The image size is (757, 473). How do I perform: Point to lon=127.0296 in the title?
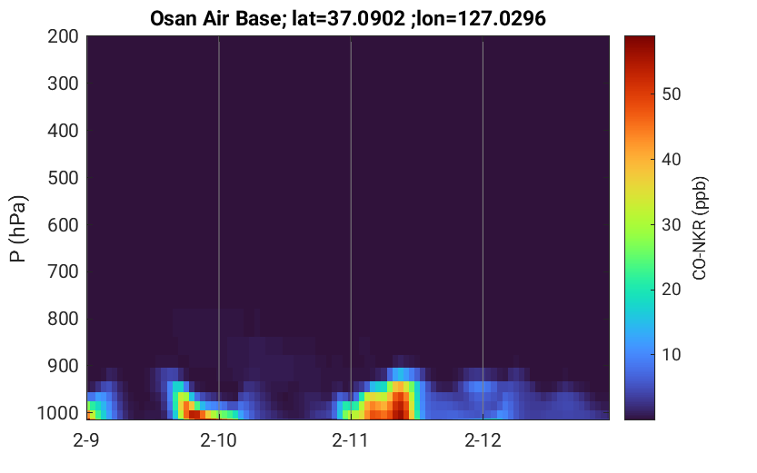[481, 19]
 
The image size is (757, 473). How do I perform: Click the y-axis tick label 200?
[63, 36]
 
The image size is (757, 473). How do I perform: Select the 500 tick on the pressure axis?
[63, 178]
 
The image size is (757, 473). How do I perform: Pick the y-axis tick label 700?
[63, 272]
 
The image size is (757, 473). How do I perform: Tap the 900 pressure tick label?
[63, 367]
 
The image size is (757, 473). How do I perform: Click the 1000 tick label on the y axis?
[58, 413]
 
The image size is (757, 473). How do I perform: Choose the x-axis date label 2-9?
[86, 440]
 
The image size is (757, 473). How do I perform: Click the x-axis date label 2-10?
[219, 440]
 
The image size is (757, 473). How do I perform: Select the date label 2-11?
[351, 440]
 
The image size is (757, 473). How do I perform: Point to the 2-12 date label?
[483, 440]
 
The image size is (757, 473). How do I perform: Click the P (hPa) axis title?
[18, 228]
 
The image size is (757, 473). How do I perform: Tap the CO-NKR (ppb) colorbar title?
[700, 228]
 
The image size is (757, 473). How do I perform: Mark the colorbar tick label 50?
[671, 94]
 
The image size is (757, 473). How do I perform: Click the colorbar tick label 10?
[671, 355]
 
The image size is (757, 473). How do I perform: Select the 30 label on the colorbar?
[671, 224]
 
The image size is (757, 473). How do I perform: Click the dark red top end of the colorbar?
[640, 40]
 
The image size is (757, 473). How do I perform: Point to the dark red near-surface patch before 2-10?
[194, 414]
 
